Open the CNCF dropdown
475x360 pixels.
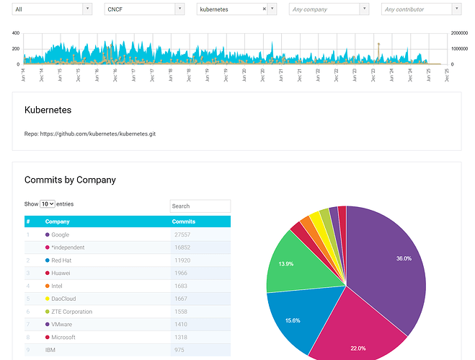(x=143, y=9)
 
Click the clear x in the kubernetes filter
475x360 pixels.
(x=264, y=9)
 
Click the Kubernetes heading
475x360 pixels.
(x=48, y=110)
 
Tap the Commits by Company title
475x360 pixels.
(x=70, y=180)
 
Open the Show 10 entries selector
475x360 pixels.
(x=47, y=204)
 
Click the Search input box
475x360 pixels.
(x=200, y=206)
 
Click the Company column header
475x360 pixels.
(x=58, y=221)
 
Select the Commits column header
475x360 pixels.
(x=184, y=221)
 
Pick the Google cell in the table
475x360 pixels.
(x=61, y=234)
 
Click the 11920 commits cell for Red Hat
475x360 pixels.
(x=185, y=260)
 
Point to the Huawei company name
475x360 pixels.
(x=61, y=273)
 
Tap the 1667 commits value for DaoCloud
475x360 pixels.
(x=183, y=299)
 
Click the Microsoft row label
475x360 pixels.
(x=63, y=337)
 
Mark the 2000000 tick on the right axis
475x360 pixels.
(x=461, y=33)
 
